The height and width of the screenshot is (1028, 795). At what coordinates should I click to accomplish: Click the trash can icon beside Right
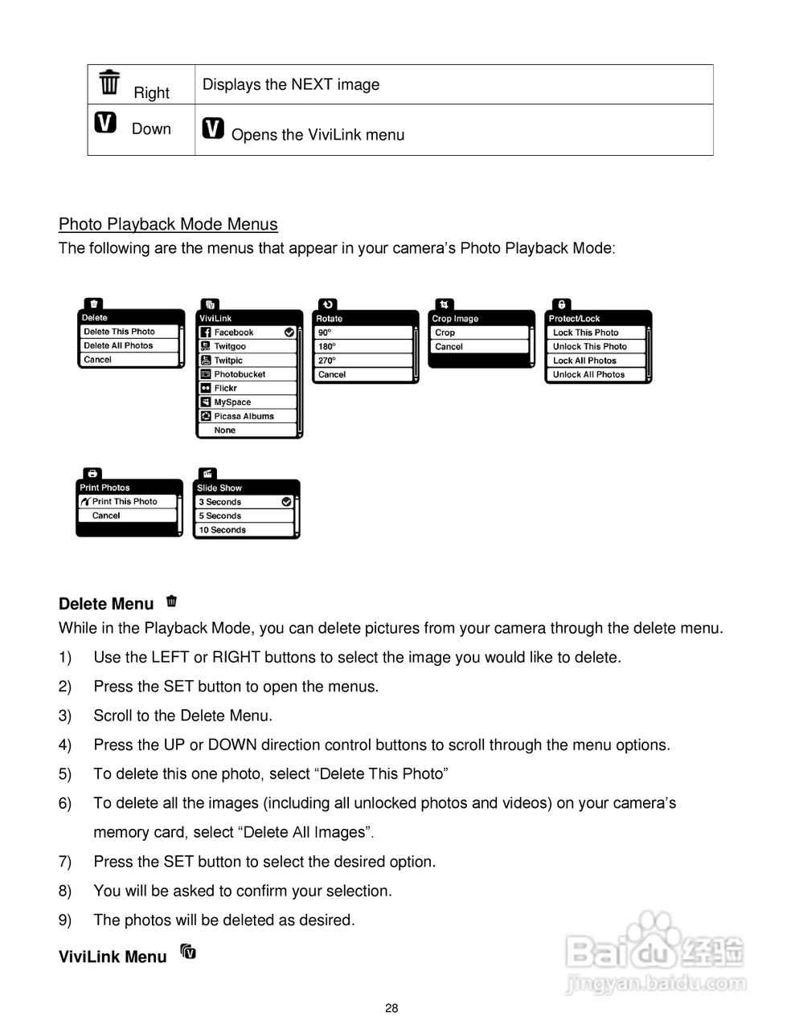[109, 82]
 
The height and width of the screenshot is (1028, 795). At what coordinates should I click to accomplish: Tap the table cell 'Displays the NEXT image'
[290, 84]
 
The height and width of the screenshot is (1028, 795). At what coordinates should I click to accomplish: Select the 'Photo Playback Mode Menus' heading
[168, 224]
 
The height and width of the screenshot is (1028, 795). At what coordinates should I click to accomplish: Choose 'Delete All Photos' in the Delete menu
[118, 345]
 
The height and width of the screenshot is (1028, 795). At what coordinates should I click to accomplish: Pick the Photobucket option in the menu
[240, 374]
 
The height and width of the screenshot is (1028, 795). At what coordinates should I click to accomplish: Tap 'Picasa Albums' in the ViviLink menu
[244, 416]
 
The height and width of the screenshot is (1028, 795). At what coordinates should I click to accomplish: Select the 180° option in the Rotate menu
[326, 347]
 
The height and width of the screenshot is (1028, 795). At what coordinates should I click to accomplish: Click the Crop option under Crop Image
[445, 332]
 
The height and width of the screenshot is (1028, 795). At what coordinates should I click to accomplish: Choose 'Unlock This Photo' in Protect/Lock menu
[589, 347]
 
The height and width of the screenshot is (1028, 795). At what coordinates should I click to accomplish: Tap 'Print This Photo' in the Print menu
[125, 502]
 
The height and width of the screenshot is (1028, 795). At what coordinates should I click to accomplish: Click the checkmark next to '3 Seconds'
[286, 502]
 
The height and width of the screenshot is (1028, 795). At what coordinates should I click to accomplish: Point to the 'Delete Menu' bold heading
[106, 604]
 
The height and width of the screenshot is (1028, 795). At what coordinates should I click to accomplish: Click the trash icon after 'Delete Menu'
[171, 601]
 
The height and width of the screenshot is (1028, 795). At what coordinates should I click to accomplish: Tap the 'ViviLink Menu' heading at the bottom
[113, 957]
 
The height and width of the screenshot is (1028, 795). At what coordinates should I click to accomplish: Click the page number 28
[391, 1009]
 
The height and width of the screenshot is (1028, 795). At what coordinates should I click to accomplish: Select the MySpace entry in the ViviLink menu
[232, 402]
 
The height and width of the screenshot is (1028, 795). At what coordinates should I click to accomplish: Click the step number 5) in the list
[65, 774]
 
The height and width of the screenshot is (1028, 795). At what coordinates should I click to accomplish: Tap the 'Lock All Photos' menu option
[584, 361]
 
